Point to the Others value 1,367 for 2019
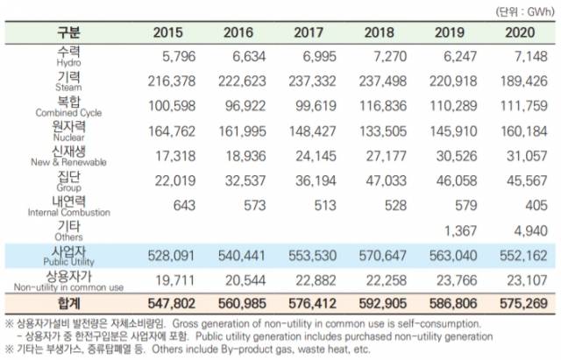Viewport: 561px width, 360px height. tap(445, 229)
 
